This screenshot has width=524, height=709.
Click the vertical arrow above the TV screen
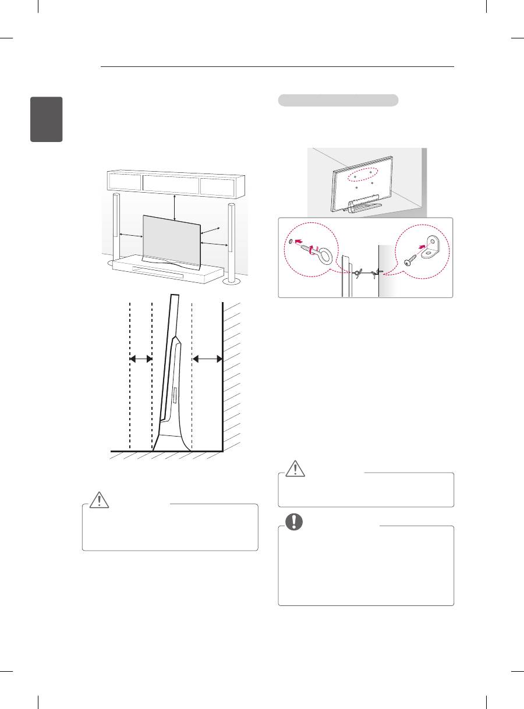point(175,208)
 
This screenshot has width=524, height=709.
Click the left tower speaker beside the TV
point(115,230)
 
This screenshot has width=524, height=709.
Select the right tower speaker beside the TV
point(232,242)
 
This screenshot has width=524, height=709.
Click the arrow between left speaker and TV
point(131,236)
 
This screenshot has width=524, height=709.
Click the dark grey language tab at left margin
point(47,119)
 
